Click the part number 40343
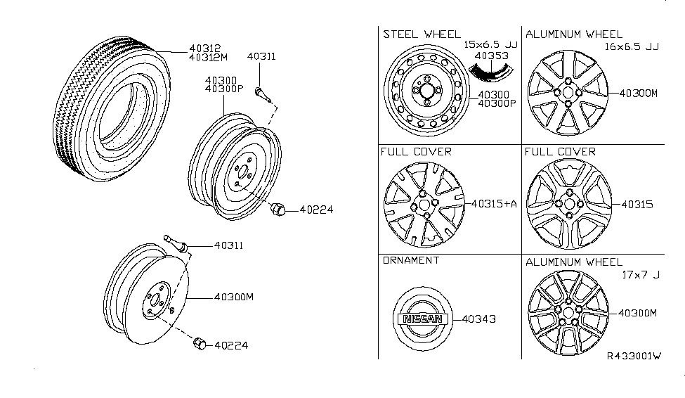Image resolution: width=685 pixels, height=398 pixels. coord(479,319)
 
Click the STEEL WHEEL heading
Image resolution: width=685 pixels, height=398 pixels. coord(422,34)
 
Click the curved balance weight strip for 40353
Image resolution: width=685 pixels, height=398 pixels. coord(490,70)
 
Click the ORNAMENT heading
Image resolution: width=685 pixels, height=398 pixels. coord(411,260)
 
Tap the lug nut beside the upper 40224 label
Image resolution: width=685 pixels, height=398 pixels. coord(277,208)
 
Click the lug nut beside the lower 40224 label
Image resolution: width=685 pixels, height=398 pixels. coord(199,343)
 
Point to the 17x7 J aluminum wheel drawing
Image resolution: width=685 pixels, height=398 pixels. coord(566,314)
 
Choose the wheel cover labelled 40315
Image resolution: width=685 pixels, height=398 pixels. coord(566,204)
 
